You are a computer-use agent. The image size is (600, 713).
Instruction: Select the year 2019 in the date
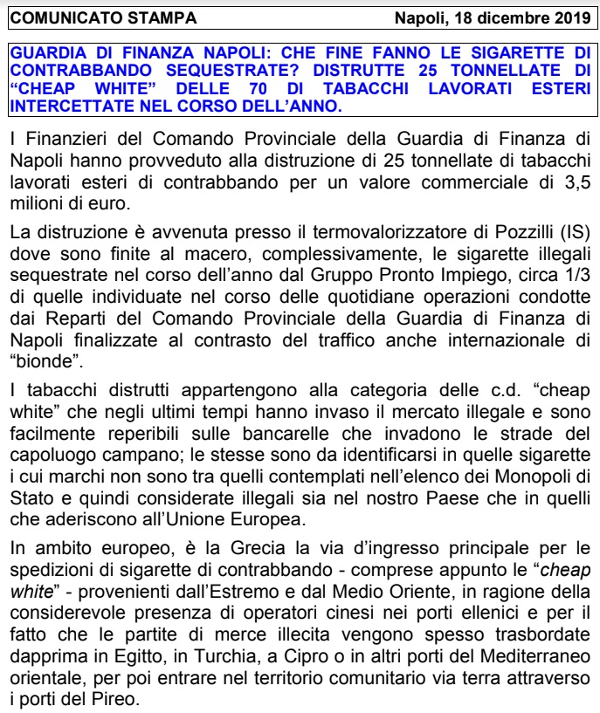(x=571, y=17)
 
